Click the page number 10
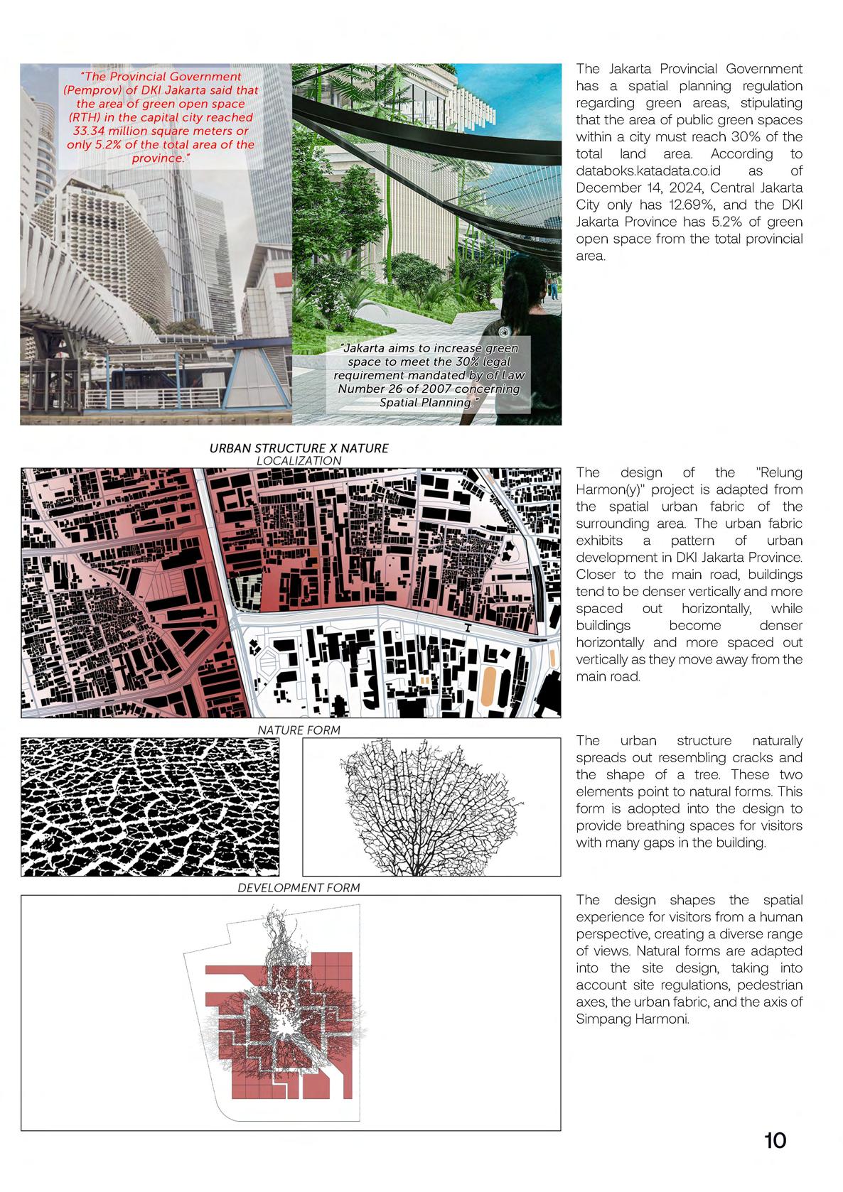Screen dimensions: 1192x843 click(x=775, y=1141)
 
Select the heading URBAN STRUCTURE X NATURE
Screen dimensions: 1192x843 click(x=299, y=448)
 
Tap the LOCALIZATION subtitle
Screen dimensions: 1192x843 click(x=299, y=460)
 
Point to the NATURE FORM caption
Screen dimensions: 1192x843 click(x=299, y=730)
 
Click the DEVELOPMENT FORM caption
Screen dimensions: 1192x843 click(x=299, y=888)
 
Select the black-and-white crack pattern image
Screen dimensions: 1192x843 click(x=150, y=806)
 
